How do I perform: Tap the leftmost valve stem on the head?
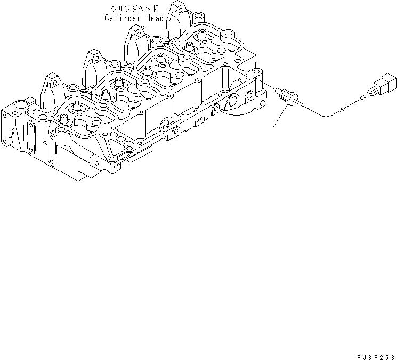(64, 118)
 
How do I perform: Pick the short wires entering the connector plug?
(367, 97)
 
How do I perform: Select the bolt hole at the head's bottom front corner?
(111, 160)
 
